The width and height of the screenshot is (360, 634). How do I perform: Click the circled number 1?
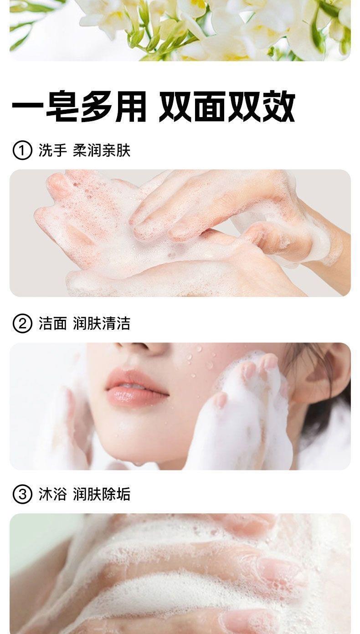pos(22,151)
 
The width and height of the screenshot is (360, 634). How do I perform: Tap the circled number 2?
pos(22,323)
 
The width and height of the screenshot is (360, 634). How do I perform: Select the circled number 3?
pos(22,494)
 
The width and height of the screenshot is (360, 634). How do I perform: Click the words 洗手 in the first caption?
pos(53,150)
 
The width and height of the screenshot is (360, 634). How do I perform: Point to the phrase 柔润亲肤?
pos(102,150)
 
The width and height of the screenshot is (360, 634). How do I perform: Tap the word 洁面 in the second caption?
pos(53,323)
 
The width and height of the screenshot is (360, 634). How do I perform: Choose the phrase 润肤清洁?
pos(102,323)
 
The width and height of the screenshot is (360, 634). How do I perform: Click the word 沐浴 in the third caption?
pos(53,494)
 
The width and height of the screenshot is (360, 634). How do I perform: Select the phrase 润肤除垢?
pos(102,494)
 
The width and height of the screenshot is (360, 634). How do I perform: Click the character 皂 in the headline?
pos(62,107)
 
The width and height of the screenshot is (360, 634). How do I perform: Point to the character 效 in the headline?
pos(278,107)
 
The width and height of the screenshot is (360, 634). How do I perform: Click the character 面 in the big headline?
pos(210,107)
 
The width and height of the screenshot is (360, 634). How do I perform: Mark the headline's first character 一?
pos(27,107)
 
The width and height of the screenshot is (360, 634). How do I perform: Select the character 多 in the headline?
pos(96,107)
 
